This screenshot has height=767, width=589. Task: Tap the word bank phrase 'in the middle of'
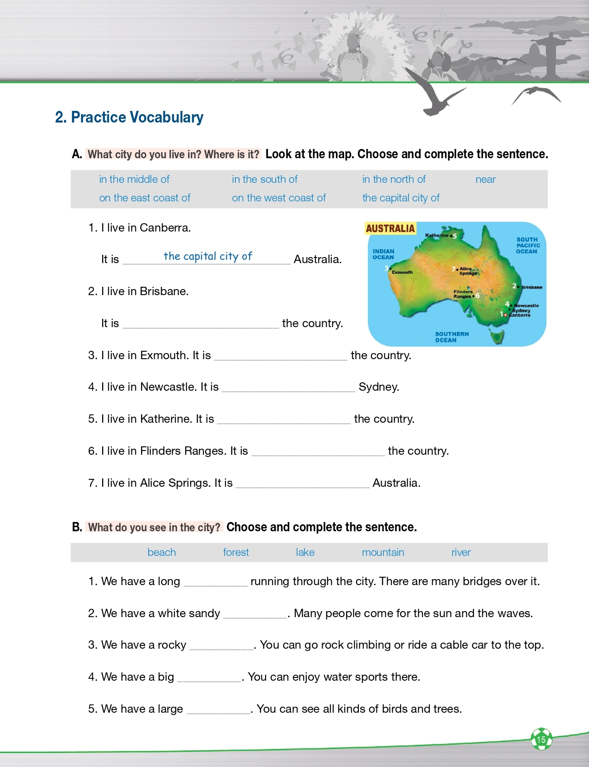coord(134,180)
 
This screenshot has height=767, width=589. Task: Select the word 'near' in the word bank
coord(485,180)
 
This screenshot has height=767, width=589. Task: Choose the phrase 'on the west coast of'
coord(278,198)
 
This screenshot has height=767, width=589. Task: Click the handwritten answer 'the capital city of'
coord(207,256)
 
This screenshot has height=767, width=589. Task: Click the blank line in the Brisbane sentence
coord(201,324)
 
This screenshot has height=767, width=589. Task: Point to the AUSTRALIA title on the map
coord(390,228)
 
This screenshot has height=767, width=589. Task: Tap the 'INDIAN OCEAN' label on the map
coord(383,254)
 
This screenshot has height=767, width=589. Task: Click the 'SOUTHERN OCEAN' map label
coord(452,337)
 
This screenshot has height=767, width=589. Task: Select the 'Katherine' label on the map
coord(437,235)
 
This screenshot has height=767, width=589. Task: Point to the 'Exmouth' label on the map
coord(402,272)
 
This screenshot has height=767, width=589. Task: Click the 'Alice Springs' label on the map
coord(467,271)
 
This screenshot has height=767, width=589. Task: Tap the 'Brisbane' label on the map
coord(532,287)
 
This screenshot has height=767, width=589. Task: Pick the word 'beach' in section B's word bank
coord(162,553)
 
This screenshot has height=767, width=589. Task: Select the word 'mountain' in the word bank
coord(383,553)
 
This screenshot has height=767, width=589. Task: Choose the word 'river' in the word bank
coord(461,553)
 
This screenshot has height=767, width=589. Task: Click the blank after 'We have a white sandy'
coord(255,614)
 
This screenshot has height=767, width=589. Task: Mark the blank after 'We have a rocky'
coord(221,645)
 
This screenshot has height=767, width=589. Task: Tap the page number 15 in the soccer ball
coord(541,740)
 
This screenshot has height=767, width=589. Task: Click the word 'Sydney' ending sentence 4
coord(379,387)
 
